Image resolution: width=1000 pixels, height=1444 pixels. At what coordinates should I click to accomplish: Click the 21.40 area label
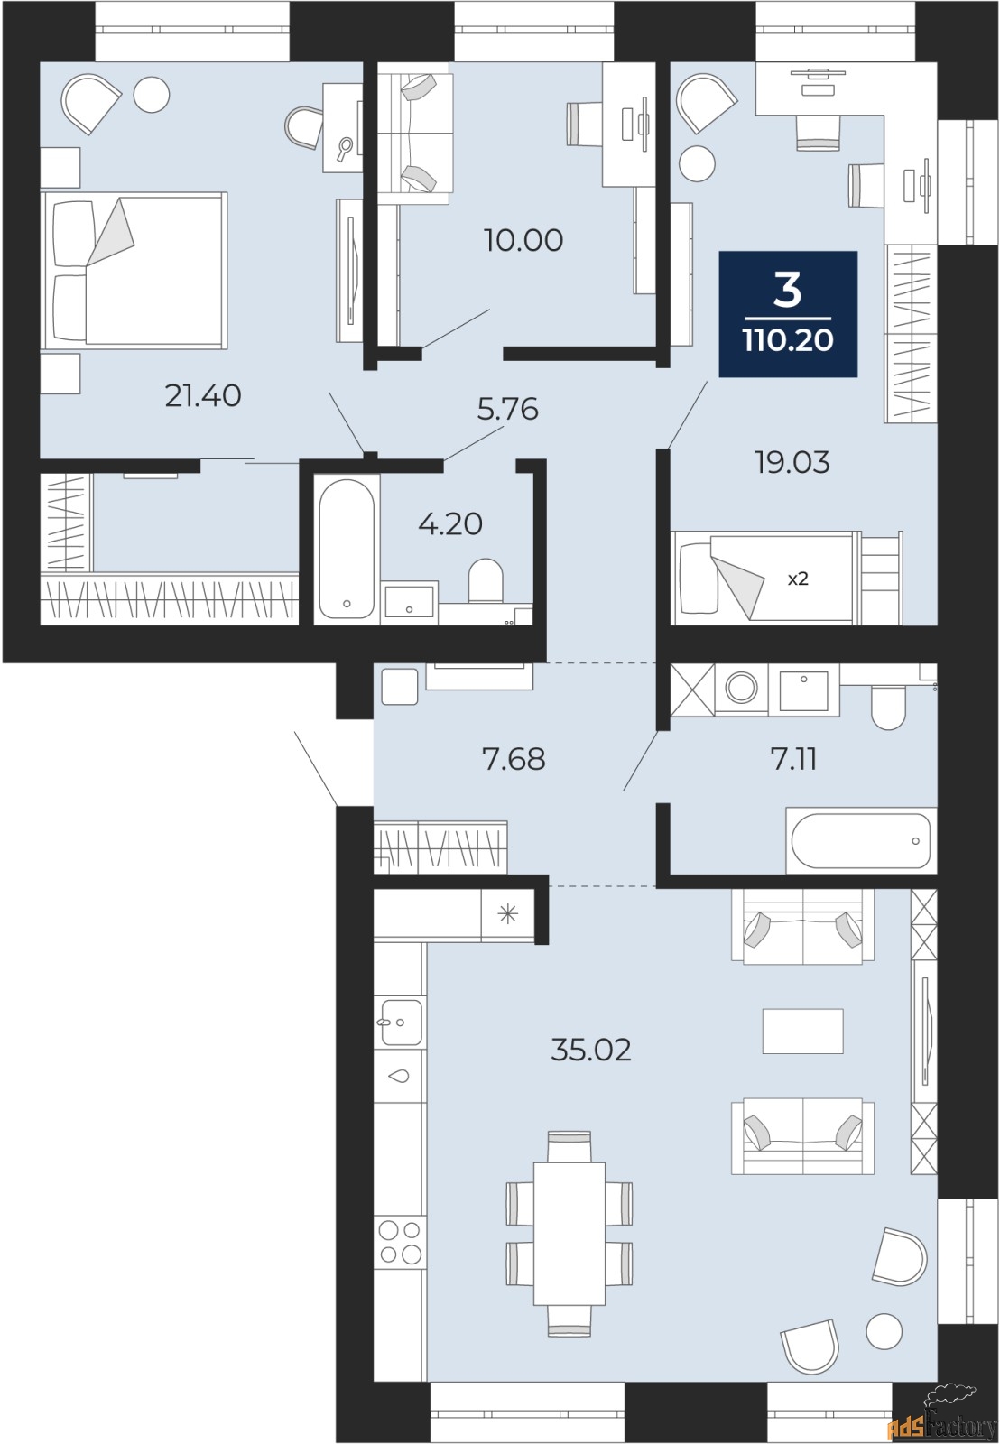click(x=203, y=396)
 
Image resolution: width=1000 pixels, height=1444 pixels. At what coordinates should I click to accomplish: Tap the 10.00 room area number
click(x=523, y=240)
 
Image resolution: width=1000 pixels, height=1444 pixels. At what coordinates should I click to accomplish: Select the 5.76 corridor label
click(x=507, y=410)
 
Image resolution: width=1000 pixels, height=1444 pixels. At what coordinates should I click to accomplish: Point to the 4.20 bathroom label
click(x=450, y=524)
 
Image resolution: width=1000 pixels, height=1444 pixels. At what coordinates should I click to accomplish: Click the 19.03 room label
click(x=792, y=463)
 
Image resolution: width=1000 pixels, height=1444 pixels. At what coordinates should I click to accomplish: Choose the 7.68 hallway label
click(x=514, y=759)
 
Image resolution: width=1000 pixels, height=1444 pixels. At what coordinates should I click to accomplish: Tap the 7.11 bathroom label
click(x=793, y=759)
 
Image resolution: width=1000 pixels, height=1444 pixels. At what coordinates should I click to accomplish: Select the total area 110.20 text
click(x=788, y=339)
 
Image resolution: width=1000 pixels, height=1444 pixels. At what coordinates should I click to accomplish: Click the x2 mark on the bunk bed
click(x=798, y=579)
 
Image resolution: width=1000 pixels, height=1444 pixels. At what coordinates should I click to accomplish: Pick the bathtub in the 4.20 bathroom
click(x=347, y=550)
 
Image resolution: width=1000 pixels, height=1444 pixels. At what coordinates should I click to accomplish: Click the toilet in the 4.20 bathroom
click(x=485, y=580)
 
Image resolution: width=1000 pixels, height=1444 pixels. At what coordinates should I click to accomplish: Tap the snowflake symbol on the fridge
click(x=508, y=913)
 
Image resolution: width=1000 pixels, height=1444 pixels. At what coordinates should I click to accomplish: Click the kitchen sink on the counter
click(x=401, y=1023)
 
